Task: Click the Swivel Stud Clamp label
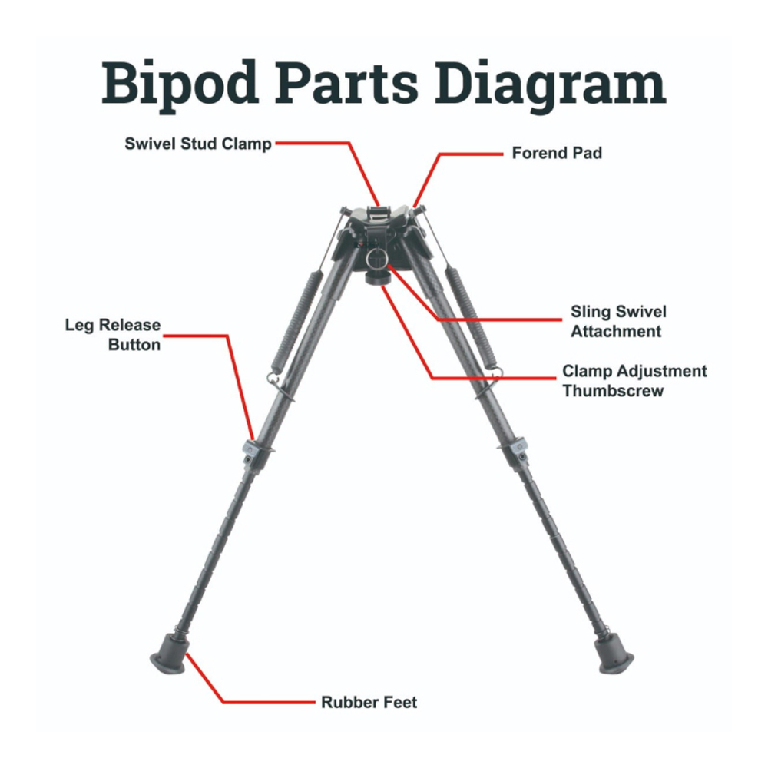click(198, 144)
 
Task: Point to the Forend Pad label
click(557, 154)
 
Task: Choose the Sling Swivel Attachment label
click(617, 322)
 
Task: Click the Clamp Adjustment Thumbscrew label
click(634, 381)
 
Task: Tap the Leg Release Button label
click(113, 335)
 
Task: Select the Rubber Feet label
click(369, 702)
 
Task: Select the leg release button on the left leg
click(251, 447)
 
